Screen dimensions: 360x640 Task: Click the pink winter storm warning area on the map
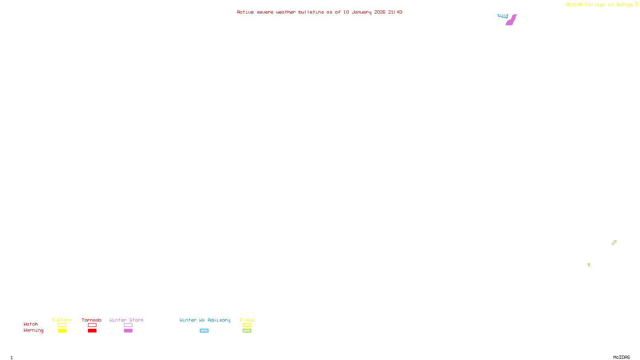(x=511, y=20)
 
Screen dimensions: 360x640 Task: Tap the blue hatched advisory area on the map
(x=503, y=16)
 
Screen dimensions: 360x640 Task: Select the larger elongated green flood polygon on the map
(x=614, y=242)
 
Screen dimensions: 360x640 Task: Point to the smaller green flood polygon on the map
(x=589, y=264)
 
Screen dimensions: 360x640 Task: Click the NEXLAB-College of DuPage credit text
(x=599, y=5)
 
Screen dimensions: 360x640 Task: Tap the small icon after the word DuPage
(x=636, y=4)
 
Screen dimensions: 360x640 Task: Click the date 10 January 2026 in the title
(x=364, y=12)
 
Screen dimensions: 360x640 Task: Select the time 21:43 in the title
(x=395, y=12)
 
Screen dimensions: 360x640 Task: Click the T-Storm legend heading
(x=62, y=320)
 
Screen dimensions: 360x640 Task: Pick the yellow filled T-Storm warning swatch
(x=62, y=331)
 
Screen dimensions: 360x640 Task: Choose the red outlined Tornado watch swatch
(x=92, y=325)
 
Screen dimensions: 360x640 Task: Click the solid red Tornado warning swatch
(x=92, y=331)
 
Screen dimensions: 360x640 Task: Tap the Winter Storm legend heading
(x=126, y=320)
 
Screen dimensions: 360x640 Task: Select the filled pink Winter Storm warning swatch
(x=128, y=331)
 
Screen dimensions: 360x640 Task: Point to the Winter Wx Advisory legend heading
(x=205, y=320)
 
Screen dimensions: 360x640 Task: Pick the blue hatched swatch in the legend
(x=204, y=331)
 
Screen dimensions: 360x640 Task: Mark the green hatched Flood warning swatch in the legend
(x=247, y=331)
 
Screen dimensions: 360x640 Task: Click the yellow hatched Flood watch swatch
(x=247, y=325)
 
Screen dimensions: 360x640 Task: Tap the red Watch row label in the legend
(x=31, y=324)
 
